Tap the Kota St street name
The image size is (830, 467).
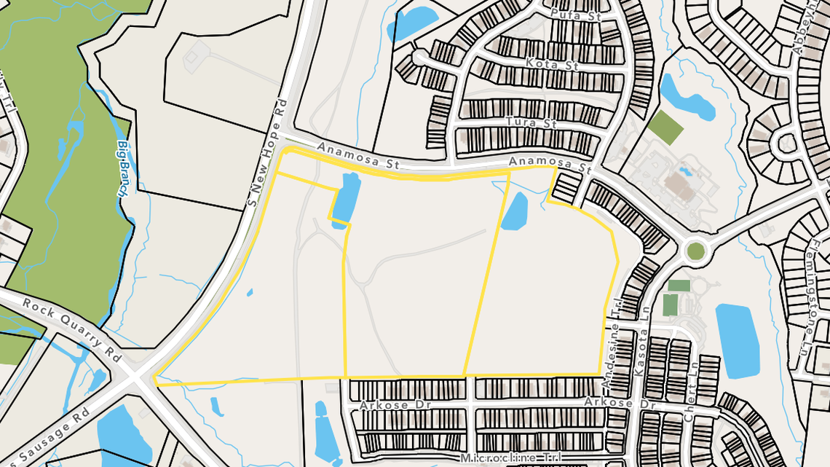point(551,65)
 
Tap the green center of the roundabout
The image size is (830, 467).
point(695,251)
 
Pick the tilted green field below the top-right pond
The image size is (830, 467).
point(665,127)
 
